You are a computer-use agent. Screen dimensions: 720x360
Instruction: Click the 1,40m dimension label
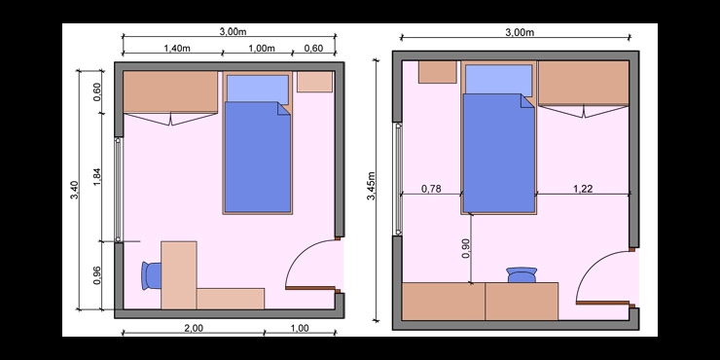pos(177,49)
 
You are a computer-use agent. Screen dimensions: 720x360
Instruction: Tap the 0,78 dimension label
pos(431,188)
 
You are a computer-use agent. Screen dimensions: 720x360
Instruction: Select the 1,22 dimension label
pos(583,188)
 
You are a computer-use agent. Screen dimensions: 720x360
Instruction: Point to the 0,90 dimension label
pos(466,249)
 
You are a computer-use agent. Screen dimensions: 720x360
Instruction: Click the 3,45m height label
pos(372,186)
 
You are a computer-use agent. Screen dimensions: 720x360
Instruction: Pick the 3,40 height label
pos(74,190)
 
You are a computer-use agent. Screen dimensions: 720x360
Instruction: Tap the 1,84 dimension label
pos(97,177)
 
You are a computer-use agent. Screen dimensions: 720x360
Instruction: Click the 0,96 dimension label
pos(97,275)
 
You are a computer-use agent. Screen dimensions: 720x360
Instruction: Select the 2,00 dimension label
pos(194,328)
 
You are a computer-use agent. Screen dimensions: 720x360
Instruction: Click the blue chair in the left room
pos(151,275)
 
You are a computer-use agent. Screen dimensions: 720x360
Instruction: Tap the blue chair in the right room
pos(522,274)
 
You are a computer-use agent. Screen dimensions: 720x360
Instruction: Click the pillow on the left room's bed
pos(258,90)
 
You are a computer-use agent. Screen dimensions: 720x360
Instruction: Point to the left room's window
pos(119,190)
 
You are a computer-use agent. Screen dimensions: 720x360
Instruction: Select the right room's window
pos(398,179)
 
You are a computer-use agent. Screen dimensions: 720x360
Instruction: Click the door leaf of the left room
pos(312,288)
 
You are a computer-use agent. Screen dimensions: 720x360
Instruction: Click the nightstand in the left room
pos(314,82)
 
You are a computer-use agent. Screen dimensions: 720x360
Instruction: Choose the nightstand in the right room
pos(437,72)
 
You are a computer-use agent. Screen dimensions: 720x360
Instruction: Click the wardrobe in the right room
pos(584,83)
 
